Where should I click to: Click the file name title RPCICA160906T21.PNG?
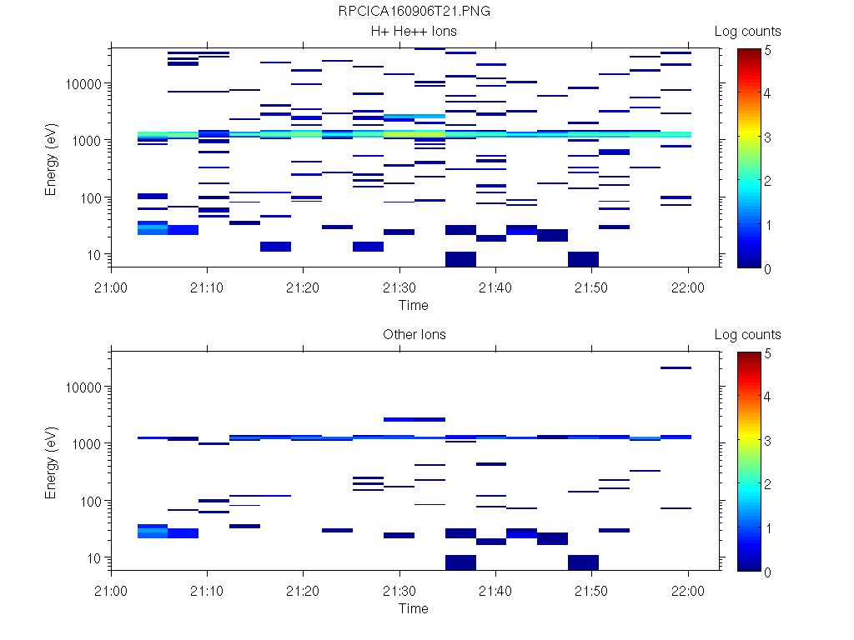(413, 12)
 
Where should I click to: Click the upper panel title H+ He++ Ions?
(414, 32)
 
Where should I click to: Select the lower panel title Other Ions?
(414, 335)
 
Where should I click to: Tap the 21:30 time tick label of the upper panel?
(399, 287)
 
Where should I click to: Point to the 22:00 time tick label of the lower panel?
(688, 591)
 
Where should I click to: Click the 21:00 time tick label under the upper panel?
(112, 287)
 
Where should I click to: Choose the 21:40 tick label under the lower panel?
(496, 591)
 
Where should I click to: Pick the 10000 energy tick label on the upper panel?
(83, 84)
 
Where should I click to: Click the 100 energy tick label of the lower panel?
(91, 501)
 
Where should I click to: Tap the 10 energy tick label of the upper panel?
(94, 254)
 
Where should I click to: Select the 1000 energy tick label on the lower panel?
(88, 444)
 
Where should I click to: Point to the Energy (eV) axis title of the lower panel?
(52, 460)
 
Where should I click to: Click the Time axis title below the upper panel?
(413, 305)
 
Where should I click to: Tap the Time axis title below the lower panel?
(413, 608)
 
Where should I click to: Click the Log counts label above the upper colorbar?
(747, 32)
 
